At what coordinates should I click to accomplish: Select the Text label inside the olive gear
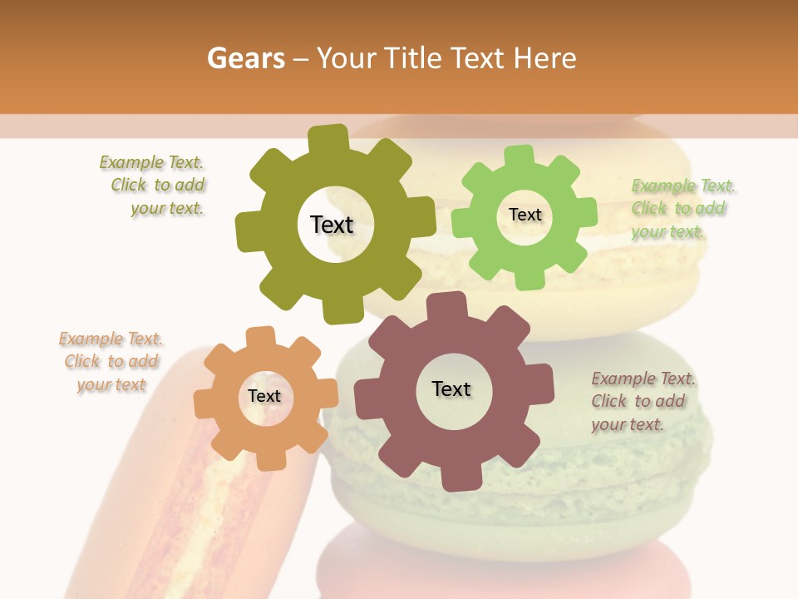point(332,225)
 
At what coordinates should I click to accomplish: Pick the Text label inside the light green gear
point(525,215)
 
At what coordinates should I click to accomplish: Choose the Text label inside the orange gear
point(264,397)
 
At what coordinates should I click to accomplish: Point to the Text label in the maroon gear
point(451,389)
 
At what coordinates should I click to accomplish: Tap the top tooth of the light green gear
point(518,156)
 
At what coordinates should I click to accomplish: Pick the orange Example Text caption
point(111,362)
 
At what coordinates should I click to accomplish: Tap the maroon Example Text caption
point(643,402)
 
